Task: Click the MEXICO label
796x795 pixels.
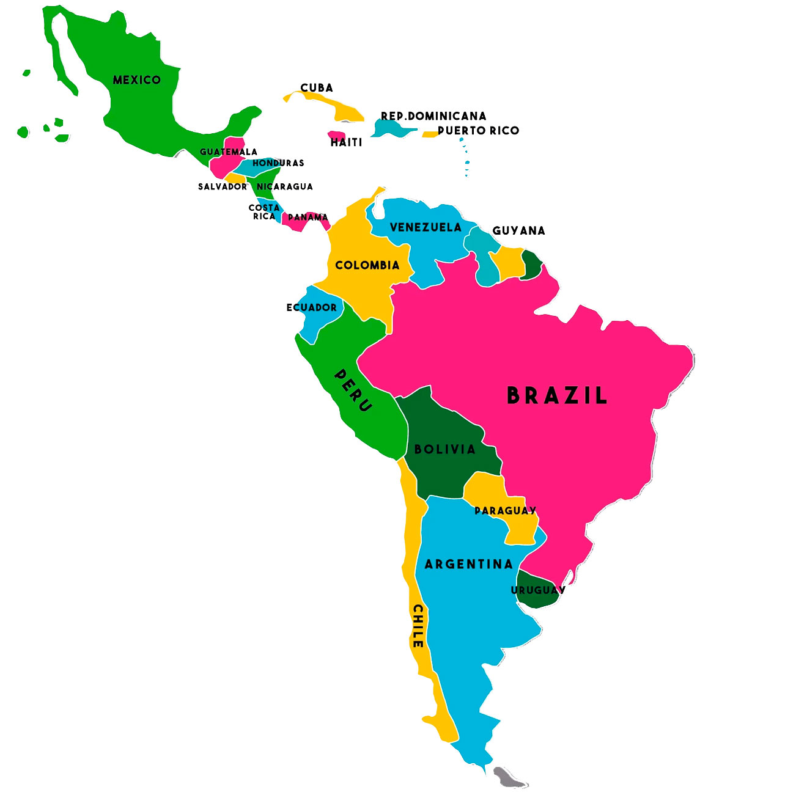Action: tap(137, 80)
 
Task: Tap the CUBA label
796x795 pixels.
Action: tap(317, 88)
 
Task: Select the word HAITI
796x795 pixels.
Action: tap(347, 142)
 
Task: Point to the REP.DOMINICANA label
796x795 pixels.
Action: tap(433, 116)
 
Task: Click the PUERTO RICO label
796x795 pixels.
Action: tap(479, 131)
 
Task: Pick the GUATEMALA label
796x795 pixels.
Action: tap(229, 152)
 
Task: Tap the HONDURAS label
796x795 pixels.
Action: tap(278, 163)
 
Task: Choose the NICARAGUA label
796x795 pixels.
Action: tap(285, 186)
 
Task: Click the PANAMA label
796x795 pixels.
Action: tap(308, 218)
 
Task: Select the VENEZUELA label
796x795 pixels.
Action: tap(426, 227)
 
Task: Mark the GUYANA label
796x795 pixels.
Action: tap(518, 230)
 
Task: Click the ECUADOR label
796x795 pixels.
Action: tap(312, 307)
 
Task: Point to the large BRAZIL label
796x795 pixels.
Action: tap(557, 396)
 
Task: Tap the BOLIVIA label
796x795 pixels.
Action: tap(445, 449)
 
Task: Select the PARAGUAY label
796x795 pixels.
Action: tap(505, 511)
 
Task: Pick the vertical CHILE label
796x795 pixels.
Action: tap(418, 626)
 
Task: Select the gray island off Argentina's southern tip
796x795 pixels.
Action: tap(509, 778)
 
